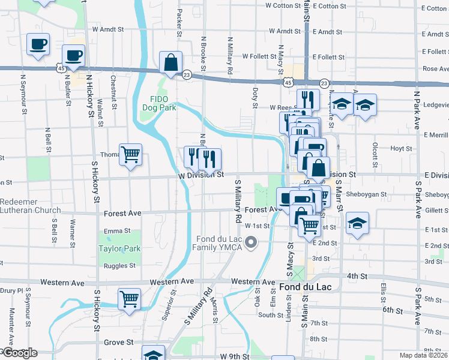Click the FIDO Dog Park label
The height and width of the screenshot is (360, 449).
coord(159,103)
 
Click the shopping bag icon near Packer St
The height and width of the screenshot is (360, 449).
coord(171,62)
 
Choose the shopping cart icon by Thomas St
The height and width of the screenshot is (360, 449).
coord(130,155)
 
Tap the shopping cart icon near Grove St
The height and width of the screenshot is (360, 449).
coord(130,298)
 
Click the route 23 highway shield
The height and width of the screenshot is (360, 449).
coord(187,74)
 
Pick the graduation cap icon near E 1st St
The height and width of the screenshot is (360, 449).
coord(357,224)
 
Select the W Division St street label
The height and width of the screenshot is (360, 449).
coord(201,175)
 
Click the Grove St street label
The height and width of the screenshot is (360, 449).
coord(118,343)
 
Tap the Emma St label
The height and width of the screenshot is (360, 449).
coord(117,230)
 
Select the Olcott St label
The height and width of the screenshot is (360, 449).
coord(375,155)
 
